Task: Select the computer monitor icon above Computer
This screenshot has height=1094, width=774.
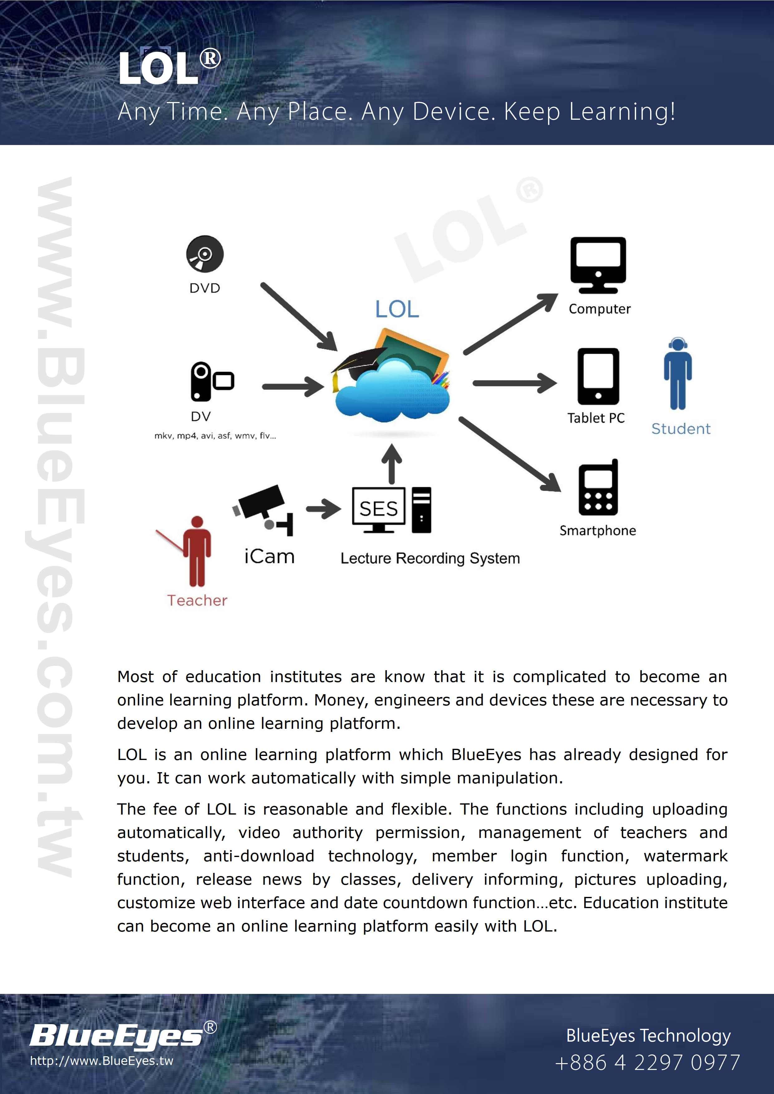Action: click(598, 264)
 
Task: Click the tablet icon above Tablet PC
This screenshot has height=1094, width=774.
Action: click(598, 376)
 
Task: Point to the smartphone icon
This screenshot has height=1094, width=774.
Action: click(598, 488)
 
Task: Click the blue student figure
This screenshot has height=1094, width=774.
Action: click(678, 374)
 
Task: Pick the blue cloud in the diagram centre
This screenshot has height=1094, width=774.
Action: click(392, 391)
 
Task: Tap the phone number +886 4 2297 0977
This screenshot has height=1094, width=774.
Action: click(647, 1062)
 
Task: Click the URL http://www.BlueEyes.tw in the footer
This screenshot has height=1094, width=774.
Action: click(101, 1061)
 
